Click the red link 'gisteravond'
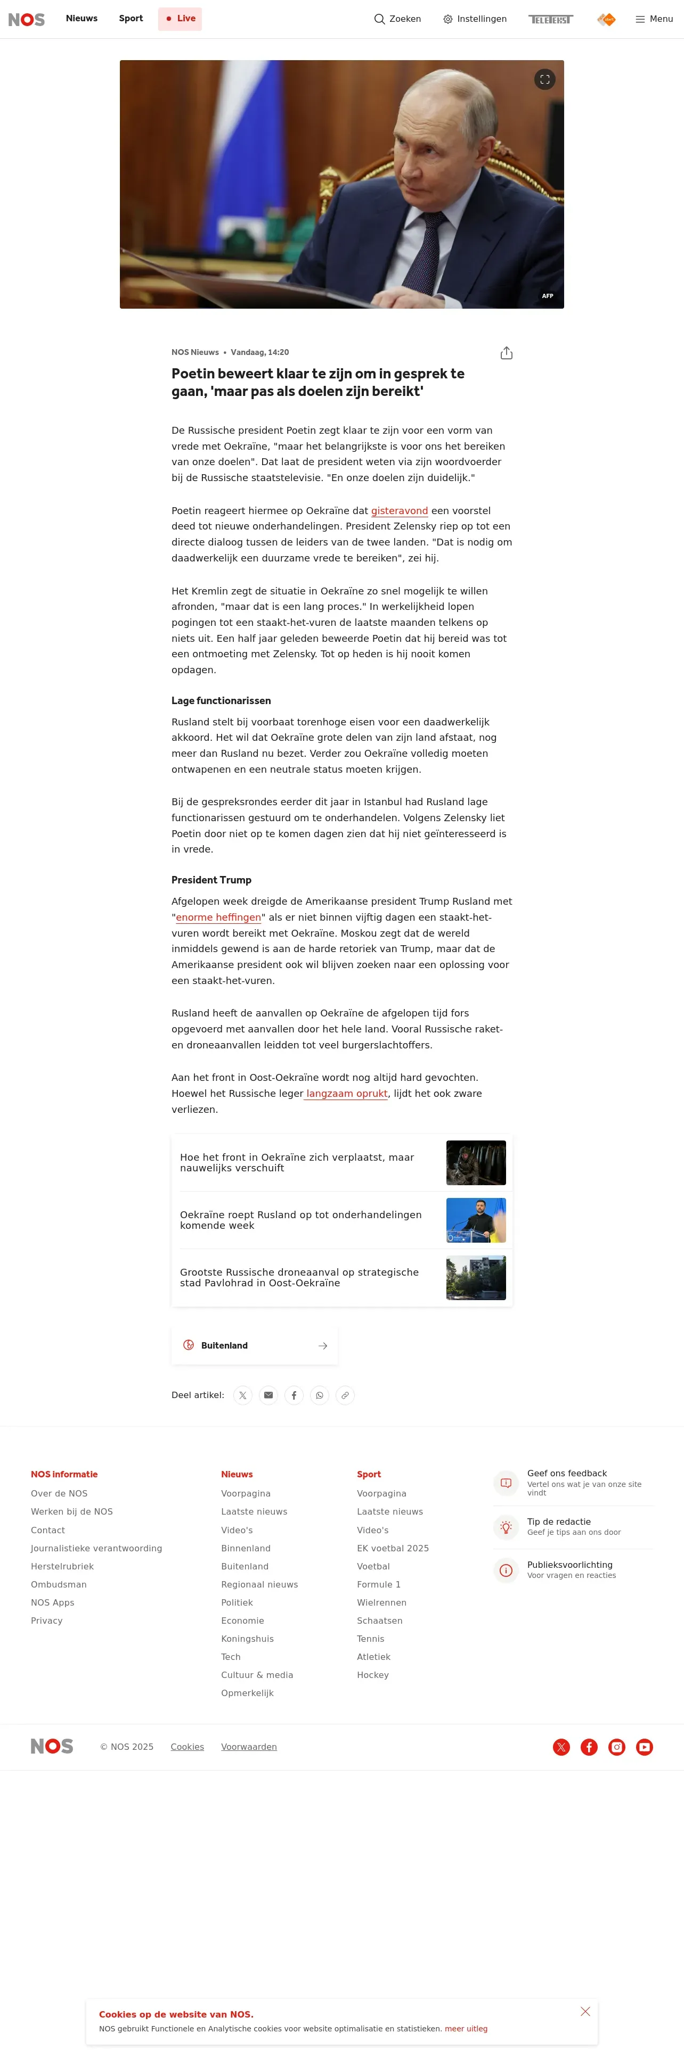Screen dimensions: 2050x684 click(399, 511)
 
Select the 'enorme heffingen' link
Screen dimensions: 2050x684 click(218, 917)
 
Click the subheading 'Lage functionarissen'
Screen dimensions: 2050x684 click(222, 700)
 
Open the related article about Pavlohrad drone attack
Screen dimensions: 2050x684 click(299, 1277)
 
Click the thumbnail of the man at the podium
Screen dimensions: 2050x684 click(475, 1220)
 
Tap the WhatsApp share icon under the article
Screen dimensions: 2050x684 click(319, 1395)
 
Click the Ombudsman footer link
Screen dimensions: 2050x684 click(59, 1584)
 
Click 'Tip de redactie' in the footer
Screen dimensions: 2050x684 click(559, 1522)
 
